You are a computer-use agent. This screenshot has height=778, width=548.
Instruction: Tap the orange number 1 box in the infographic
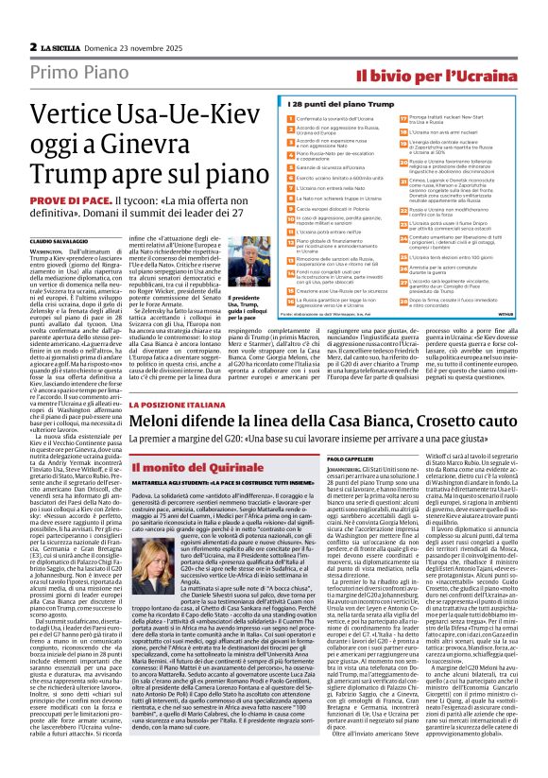290,117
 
